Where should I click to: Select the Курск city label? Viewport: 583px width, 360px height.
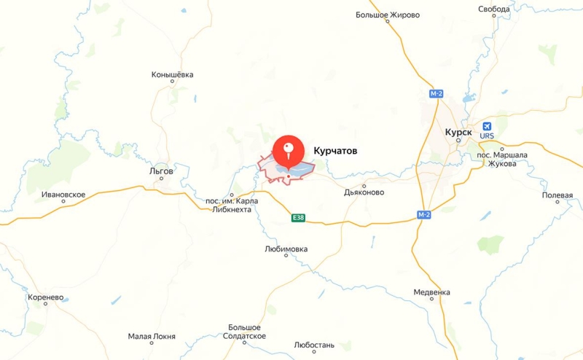click(458, 132)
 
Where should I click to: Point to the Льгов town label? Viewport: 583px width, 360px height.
click(161, 171)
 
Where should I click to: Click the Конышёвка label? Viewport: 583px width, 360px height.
click(173, 74)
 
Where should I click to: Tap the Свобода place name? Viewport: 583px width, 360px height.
click(494, 9)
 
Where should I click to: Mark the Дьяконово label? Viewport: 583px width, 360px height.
click(364, 193)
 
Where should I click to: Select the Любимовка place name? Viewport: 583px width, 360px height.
click(286, 249)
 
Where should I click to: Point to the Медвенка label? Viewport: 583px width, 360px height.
click(431, 292)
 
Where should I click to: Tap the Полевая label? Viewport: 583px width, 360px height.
click(557, 195)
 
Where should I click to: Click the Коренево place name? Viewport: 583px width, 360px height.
click(46, 298)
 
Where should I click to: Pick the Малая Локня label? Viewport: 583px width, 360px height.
click(152, 337)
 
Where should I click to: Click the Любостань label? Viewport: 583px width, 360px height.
click(313, 344)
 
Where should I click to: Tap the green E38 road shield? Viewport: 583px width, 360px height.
click(297, 217)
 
